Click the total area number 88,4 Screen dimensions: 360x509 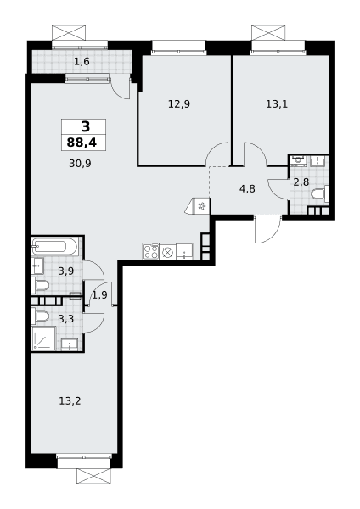pyautogui.click(x=82, y=143)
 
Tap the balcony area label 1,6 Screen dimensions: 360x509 pyautogui.click(x=82, y=61)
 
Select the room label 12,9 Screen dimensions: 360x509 pyautogui.click(x=179, y=104)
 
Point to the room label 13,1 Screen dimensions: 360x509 pyautogui.click(x=277, y=104)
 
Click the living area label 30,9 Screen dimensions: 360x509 pyautogui.click(x=80, y=163)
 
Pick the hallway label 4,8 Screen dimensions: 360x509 pyautogui.click(x=247, y=188)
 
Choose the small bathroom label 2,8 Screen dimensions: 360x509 pyautogui.click(x=301, y=182)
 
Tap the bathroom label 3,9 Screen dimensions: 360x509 pyautogui.click(x=66, y=271)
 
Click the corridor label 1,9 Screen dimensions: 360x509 pyautogui.click(x=99, y=295)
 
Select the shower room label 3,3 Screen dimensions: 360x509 pyautogui.click(x=66, y=319)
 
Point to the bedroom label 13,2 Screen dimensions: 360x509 pyautogui.click(x=70, y=401)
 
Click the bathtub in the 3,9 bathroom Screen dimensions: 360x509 pyautogui.click(x=54, y=248)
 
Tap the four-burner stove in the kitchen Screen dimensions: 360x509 pyautogui.click(x=151, y=252)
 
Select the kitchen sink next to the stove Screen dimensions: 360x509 pyautogui.click(x=184, y=252)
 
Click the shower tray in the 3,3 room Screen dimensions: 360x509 pyautogui.click(x=43, y=338)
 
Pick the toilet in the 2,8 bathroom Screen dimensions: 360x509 pyautogui.click(x=320, y=195)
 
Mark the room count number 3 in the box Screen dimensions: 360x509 pyautogui.click(x=85, y=126)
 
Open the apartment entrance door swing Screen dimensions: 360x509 pyautogui.click(x=267, y=229)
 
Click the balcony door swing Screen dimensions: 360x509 pyautogui.click(x=121, y=87)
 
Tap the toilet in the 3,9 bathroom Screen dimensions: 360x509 pyautogui.click(x=40, y=286)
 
